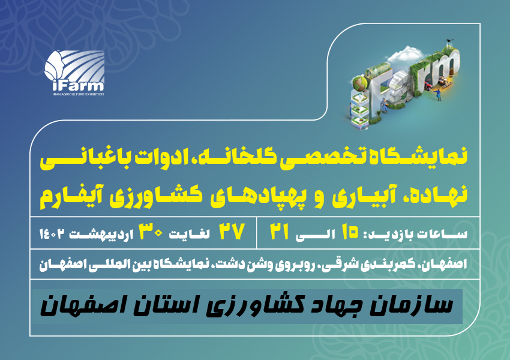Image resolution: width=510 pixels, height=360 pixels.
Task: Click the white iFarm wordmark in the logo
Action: tap(78, 85)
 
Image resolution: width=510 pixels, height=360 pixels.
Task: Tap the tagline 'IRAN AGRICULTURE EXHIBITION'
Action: tap(78, 94)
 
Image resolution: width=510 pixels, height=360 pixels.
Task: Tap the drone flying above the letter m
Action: tap(451, 41)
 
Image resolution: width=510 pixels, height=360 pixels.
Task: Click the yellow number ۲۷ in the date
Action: tap(232, 232)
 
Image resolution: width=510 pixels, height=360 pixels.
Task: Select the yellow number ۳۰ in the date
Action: tap(151, 232)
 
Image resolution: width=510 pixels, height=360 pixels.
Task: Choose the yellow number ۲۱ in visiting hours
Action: tap(280, 232)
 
